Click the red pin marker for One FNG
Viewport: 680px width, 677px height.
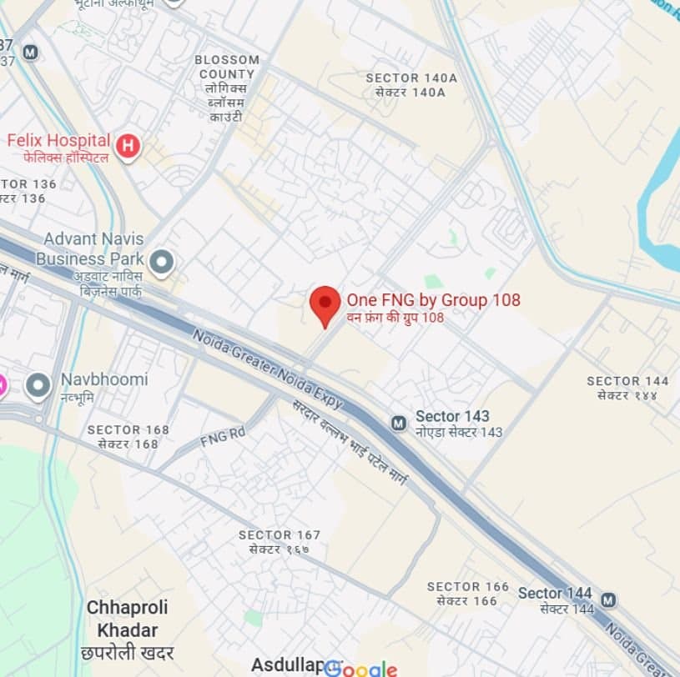pyautogui.click(x=325, y=303)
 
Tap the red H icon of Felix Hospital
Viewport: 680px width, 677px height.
pyautogui.click(x=128, y=147)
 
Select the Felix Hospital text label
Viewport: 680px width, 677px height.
pyautogui.click(x=58, y=141)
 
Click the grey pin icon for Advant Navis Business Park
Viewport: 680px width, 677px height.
pyautogui.click(x=162, y=262)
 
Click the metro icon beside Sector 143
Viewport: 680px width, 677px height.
pyautogui.click(x=399, y=424)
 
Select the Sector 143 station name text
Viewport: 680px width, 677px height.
pyautogui.click(x=452, y=416)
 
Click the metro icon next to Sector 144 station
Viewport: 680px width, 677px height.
pyautogui.click(x=608, y=599)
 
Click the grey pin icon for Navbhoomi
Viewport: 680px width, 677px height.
pyautogui.click(x=38, y=385)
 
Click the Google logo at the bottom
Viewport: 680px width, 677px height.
pyautogui.click(x=360, y=668)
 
